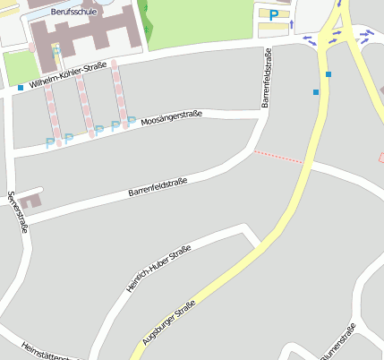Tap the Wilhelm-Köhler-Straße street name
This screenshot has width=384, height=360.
coord(69,77)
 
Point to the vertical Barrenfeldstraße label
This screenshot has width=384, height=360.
coord(267,79)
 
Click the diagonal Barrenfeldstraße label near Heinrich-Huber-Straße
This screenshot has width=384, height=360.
coord(158,187)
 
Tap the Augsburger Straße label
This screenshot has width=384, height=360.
coord(169,323)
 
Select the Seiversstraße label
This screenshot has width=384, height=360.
coord(17,212)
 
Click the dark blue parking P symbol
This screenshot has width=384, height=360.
coord(273,15)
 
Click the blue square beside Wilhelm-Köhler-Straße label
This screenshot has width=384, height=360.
coord(21,88)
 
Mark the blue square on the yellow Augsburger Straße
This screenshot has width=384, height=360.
coord(329,73)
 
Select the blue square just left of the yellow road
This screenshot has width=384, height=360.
coord(315,91)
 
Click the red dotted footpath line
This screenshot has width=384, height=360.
coord(278,157)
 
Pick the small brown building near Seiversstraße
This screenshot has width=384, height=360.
coord(30,199)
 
